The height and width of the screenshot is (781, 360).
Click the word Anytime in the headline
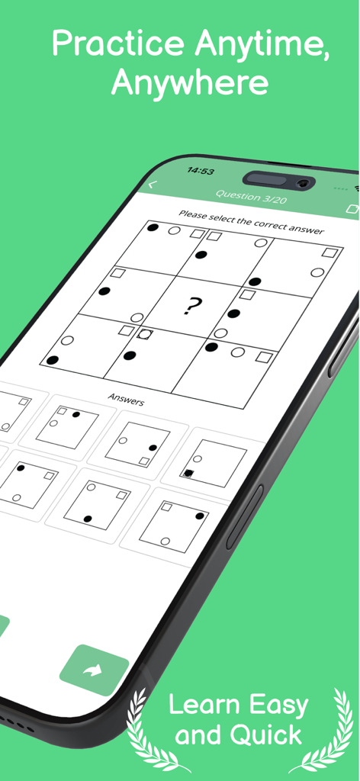(261, 47)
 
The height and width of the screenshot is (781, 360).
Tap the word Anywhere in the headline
(189, 82)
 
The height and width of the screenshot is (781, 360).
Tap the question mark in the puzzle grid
(192, 307)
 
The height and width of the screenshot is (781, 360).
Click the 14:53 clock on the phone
(201, 171)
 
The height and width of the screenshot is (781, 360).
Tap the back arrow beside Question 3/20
(152, 185)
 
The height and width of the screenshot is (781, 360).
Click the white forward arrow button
(93, 670)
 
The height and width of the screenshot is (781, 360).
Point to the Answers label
(126, 398)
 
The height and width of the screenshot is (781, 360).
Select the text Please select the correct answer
(251, 220)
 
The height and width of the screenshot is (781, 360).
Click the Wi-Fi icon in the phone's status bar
(356, 189)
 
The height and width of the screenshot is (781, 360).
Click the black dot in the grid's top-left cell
(153, 227)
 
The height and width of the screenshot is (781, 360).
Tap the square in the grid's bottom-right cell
(264, 356)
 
